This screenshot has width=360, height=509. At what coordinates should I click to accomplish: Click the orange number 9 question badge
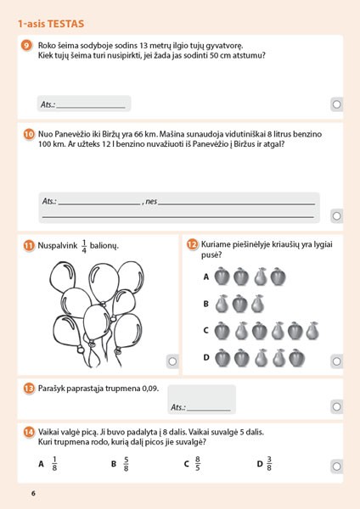tap(26, 45)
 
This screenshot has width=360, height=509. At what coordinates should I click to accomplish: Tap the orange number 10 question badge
tap(29, 134)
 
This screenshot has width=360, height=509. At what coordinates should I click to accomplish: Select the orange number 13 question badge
tap(29, 389)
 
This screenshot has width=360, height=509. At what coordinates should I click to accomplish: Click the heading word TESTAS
tap(65, 24)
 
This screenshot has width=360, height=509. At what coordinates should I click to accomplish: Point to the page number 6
tap(33, 494)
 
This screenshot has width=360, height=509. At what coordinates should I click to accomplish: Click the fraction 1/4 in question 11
tap(84, 246)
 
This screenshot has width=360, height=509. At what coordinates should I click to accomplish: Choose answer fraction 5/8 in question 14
tap(126, 464)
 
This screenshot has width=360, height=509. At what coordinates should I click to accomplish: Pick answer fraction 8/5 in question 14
tap(198, 464)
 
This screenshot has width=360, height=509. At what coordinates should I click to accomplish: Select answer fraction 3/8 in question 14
tap(269, 464)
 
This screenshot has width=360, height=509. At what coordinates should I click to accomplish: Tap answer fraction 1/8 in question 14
tap(54, 464)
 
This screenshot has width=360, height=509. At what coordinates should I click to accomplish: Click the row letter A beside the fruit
tap(206, 277)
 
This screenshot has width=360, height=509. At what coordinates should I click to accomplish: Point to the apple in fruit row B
tap(240, 304)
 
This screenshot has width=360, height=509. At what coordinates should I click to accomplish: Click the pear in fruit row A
tap(261, 277)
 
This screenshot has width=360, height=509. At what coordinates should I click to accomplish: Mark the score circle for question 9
tap(336, 104)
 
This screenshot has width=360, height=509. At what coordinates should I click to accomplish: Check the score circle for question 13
tap(336, 406)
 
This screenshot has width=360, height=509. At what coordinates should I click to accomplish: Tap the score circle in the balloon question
tap(172, 361)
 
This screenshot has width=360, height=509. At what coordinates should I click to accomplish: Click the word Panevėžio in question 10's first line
tap(71, 134)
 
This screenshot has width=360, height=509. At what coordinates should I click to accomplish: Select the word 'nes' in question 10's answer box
tap(151, 201)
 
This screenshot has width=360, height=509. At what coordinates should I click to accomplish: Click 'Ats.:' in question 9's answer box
tap(48, 104)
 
